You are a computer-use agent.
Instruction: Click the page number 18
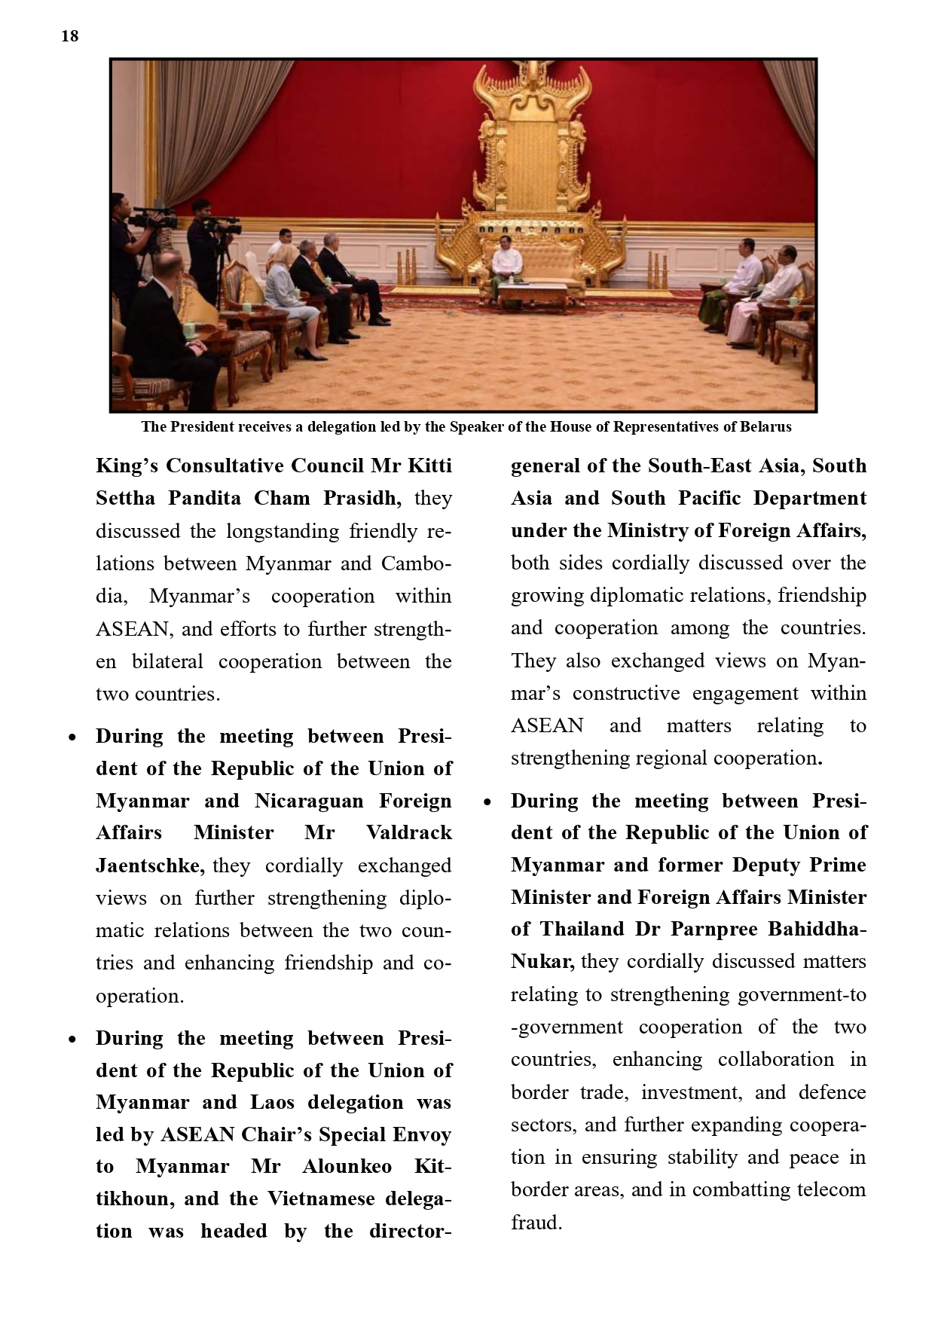coord(69,36)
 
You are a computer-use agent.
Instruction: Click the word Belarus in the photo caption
coord(765,427)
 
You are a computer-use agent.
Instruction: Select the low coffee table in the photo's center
coord(532,295)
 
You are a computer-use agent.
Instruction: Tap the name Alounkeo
coord(347,1167)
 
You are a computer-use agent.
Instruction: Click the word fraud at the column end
coord(536,1223)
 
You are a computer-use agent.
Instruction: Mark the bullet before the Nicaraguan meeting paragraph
coord(72,737)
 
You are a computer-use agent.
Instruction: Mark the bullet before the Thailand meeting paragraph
coord(487,802)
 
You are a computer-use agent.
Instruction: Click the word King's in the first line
coord(127,466)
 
